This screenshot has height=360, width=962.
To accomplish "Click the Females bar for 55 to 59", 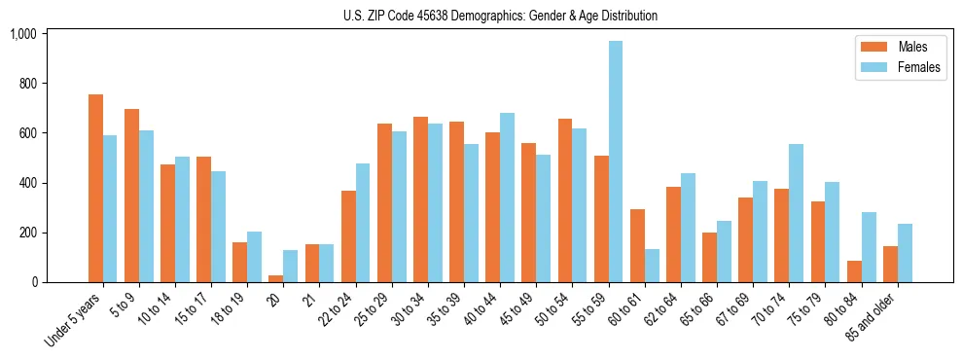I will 616,162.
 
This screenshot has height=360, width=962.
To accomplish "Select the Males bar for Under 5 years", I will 95,188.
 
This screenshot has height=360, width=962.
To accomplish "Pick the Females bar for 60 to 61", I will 652,266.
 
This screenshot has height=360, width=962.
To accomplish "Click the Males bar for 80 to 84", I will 854,271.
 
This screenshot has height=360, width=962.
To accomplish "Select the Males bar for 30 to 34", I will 420,199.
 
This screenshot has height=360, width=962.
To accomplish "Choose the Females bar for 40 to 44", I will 508,198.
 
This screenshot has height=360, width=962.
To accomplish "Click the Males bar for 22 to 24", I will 348,236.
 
